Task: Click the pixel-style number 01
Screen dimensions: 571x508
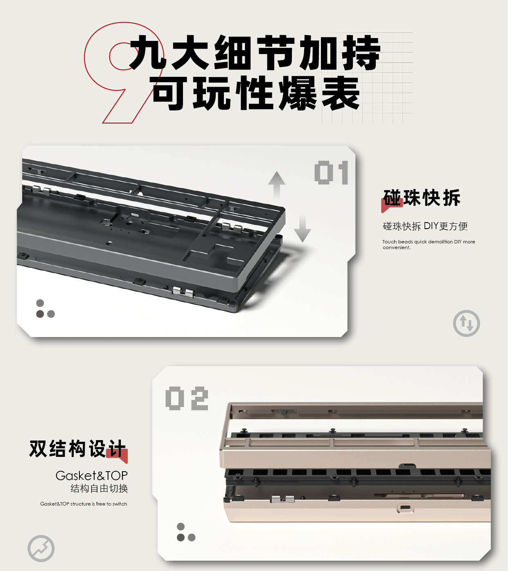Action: coord(331,173)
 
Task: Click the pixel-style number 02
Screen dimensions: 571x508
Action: coord(187,398)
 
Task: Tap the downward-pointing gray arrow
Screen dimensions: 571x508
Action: coord(303,229)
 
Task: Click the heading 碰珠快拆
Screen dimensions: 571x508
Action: coord(422,198)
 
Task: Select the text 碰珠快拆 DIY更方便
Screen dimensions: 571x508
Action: coord(425,226)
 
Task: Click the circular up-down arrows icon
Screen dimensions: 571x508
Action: coord(466,324)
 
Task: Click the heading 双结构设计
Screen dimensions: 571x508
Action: coord(77,449)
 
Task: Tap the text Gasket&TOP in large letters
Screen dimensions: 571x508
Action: coord(92,475)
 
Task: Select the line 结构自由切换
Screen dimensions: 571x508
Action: coord(99,488)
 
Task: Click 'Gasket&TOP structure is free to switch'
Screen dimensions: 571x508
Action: coord(84,504)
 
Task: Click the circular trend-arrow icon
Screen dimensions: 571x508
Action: coord(41,548)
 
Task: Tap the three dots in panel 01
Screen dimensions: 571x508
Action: coord(45,309)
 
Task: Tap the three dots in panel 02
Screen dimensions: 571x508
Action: coord(185,533)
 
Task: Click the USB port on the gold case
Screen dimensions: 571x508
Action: coord(405,508)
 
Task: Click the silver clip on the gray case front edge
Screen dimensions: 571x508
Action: coord(183,292)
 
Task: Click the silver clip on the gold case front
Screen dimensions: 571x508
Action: coord(282,499)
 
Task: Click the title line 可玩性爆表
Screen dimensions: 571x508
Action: coord(256,94)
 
